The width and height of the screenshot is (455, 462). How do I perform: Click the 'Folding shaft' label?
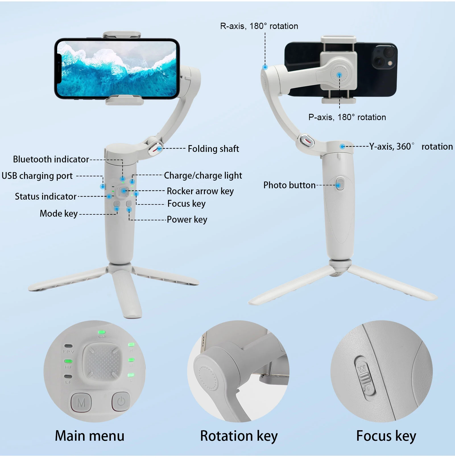pyautogui.click(x=213, y=149)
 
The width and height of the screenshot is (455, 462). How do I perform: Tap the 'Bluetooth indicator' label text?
pyautogui.click(x=51, y=159)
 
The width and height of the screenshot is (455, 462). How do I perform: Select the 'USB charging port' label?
pyautogui.click(x=37, y=176)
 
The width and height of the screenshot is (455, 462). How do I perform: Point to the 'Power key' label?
pyautogui.click(x=187, y=219)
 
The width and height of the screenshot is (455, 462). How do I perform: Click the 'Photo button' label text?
pyautogui.click(x=289, y=185)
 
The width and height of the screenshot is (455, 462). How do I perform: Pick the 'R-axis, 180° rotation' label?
pyautogui.click(x=259, y=26)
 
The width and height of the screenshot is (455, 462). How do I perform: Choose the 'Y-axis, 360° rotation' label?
pyautogui.click(x=411, y=147)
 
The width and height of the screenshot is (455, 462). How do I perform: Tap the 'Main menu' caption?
pyautogui.click(x=90, y=436)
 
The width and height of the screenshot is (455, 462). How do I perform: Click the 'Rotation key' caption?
pyautogui.click(x=239, y=436)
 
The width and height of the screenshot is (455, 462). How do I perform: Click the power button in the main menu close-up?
pyautogui.click(x=121, y=402)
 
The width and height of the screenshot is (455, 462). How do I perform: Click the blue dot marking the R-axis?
pyautogui.click(x=265, y=67)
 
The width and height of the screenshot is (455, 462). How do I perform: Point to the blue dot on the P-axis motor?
pyautogui.click(x=339, y=75)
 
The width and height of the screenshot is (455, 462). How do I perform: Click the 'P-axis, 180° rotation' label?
pyautogui.click(x=347, y=117)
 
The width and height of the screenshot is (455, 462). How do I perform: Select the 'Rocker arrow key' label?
pyautogui.click(x=200, y=191)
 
